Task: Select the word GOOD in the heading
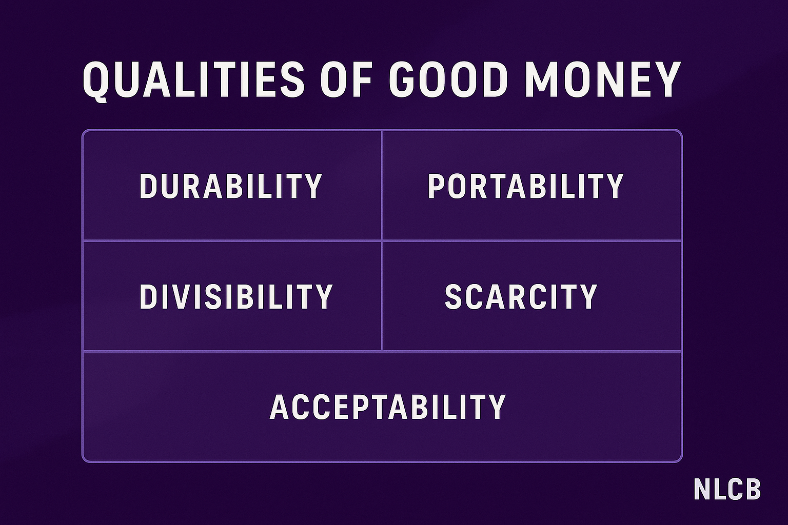[x=448, y=80]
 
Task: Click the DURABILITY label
[x=231, y=186]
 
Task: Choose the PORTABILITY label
[x=525, y=186]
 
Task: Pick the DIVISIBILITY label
[x=236, y=296]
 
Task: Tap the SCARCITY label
[x=521, y=296]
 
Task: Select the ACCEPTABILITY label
[x=388, y=407]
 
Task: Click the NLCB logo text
[x=727, y=489]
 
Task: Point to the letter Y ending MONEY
[x=666, y=80]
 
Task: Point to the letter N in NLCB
[x=702, y=489]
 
